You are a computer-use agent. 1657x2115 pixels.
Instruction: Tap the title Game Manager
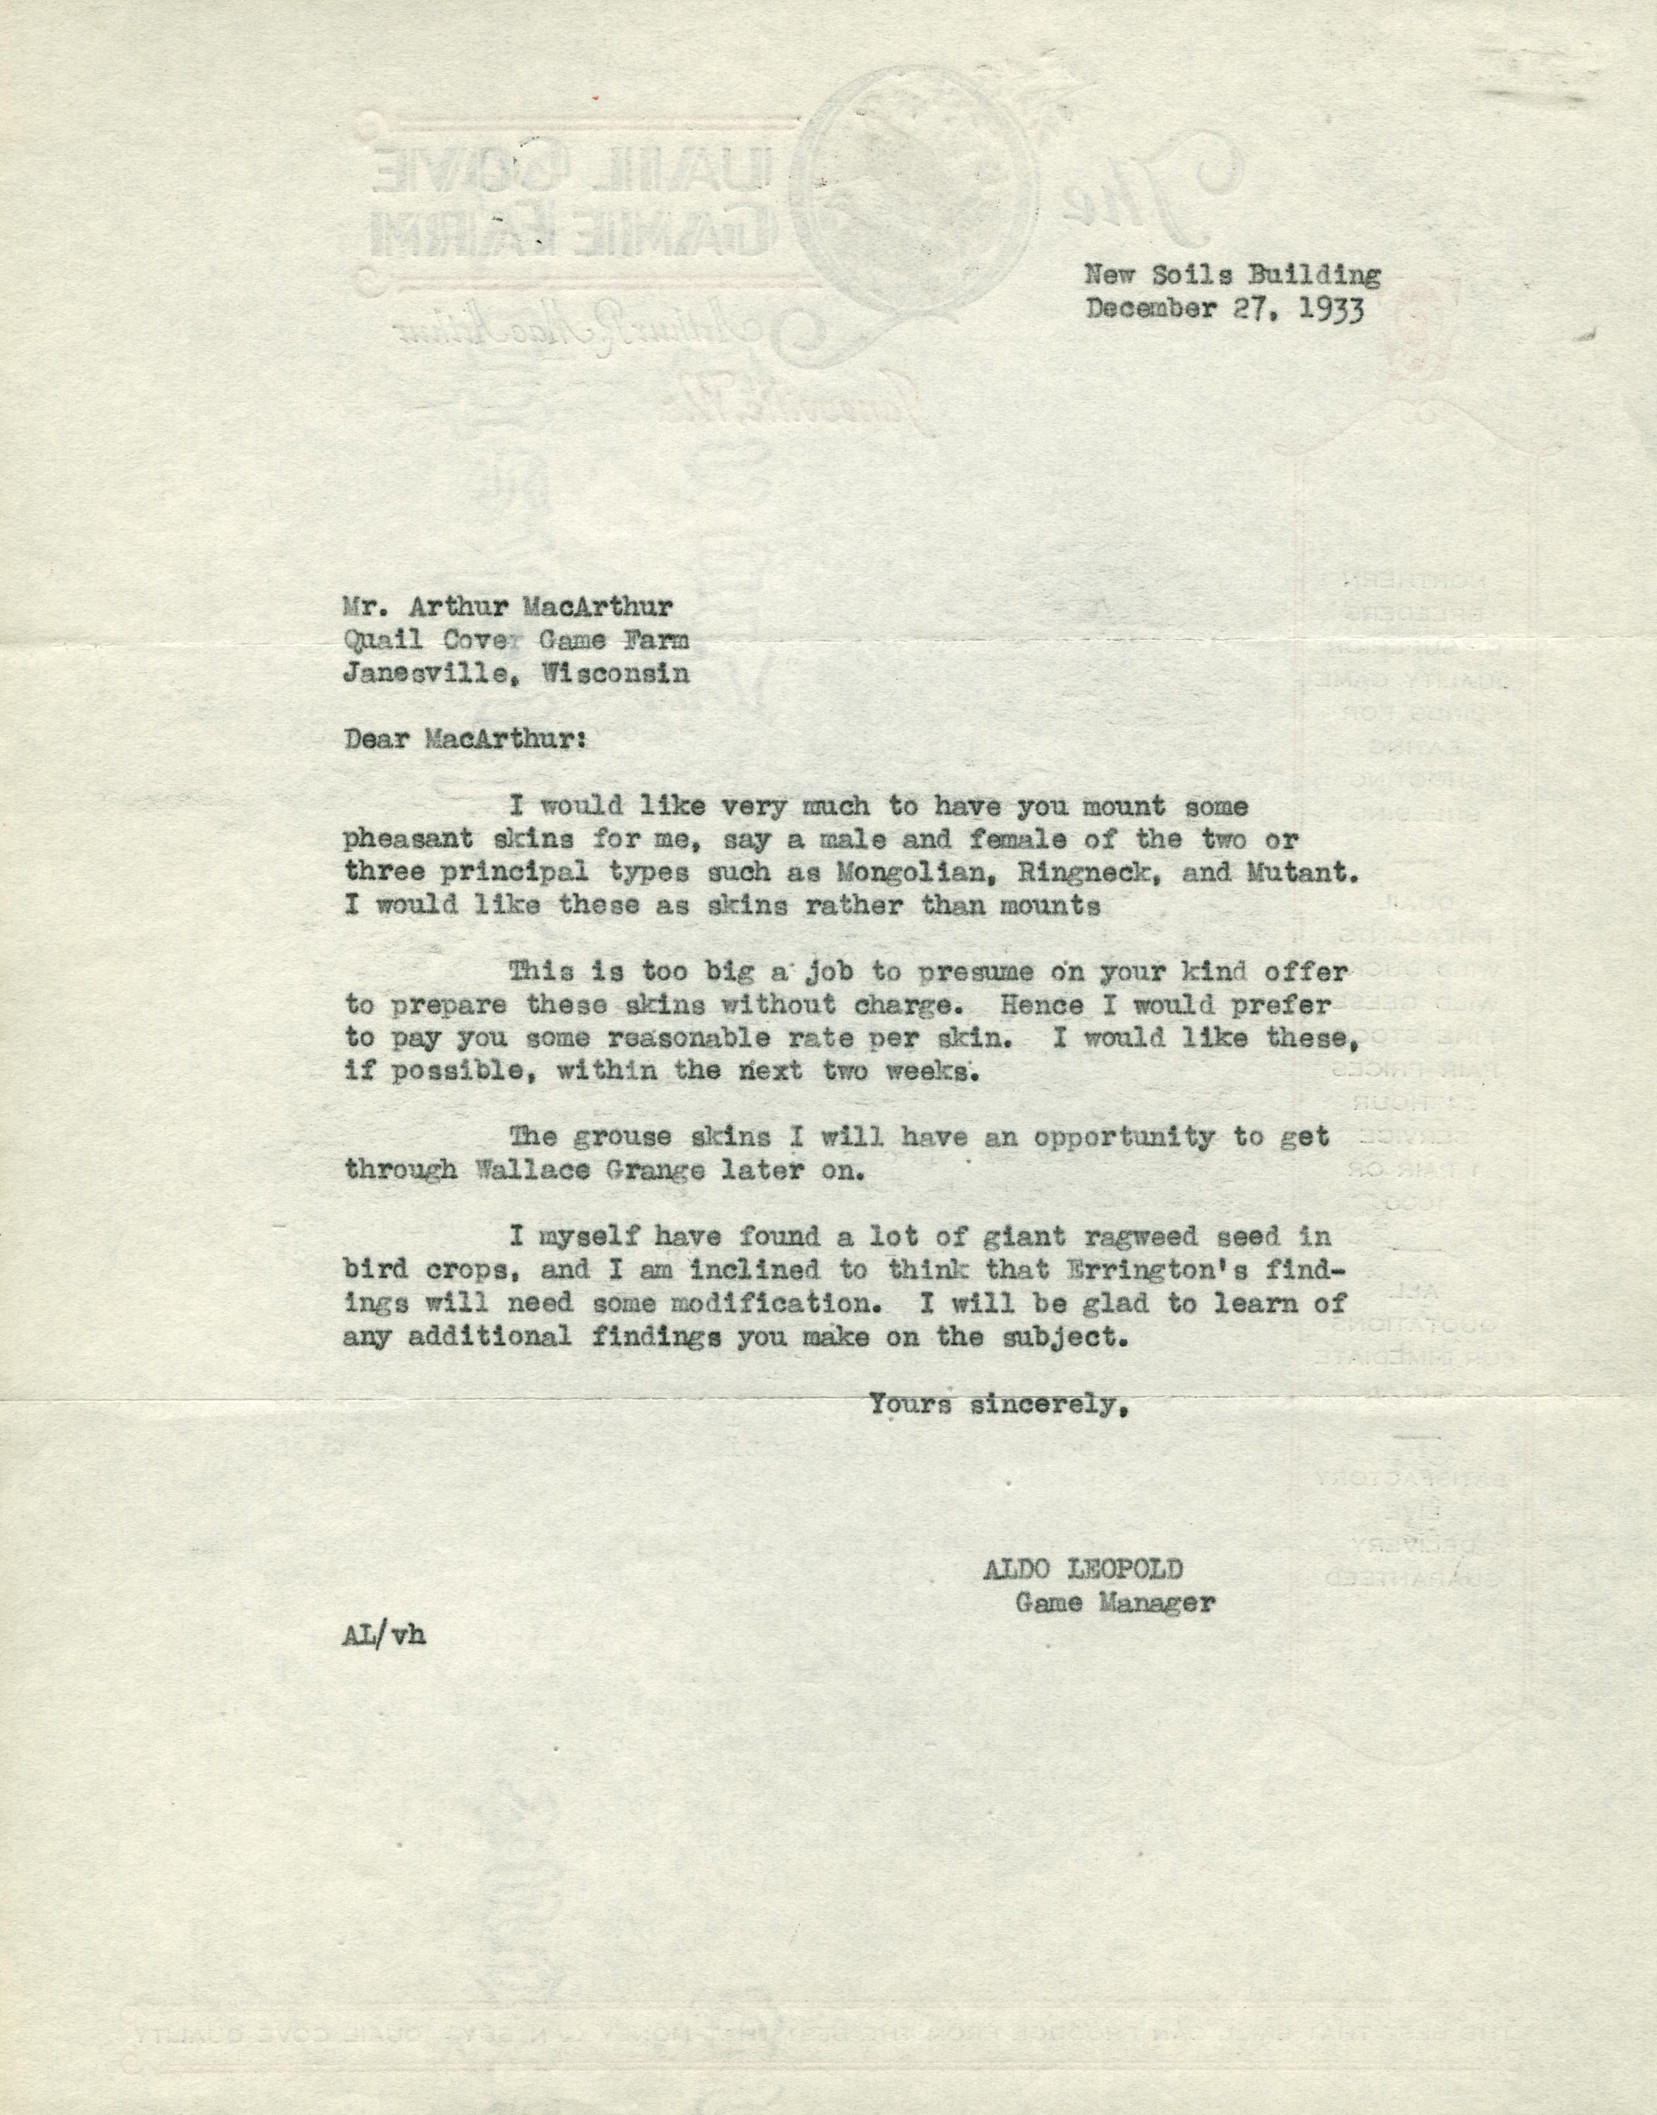(1115, 1603)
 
